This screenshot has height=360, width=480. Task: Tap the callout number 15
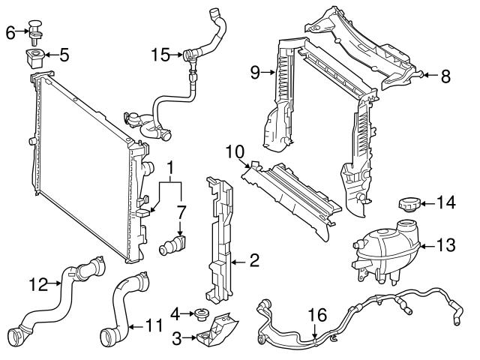[160, 54]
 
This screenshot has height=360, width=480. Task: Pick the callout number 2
[254, 261]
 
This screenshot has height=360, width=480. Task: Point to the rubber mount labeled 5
[36, 57]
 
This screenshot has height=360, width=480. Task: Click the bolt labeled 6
[36, 28]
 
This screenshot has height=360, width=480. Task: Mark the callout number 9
[254, 73]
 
